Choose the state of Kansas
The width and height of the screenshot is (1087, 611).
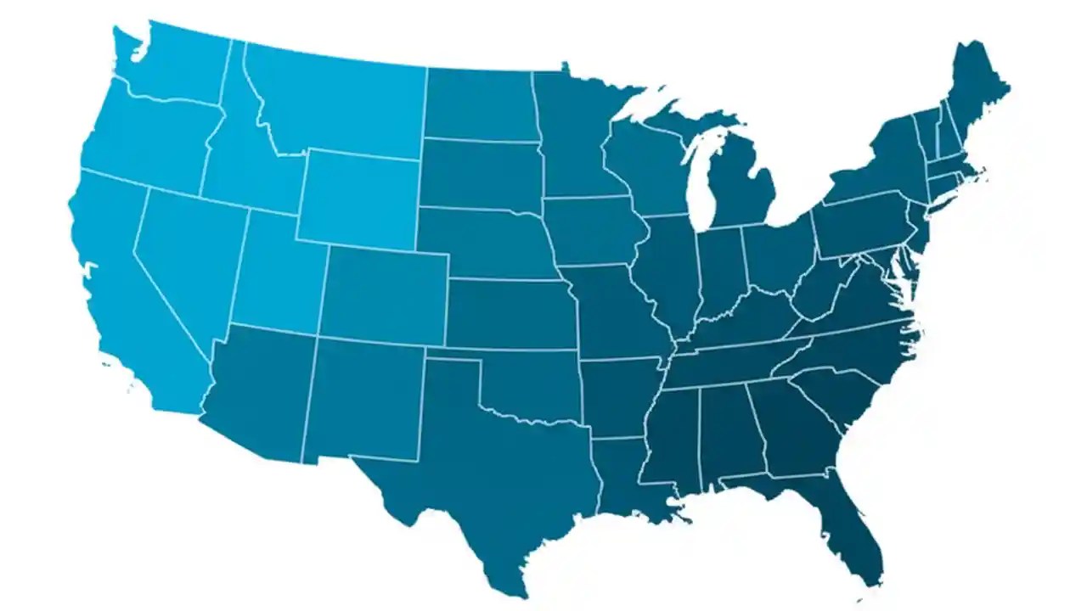point(510,314)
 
